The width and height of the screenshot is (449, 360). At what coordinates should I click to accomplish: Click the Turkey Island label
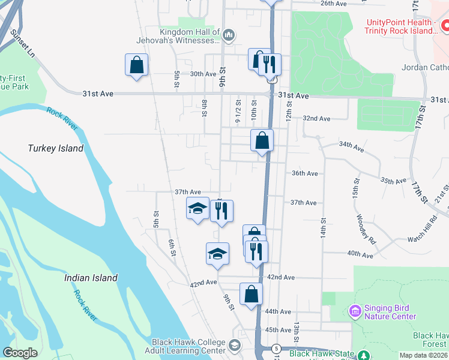click(x=56, y=148)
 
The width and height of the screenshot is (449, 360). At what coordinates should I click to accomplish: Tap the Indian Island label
click(x=91, y=278)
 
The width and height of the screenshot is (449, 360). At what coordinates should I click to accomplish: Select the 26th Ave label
click(x=334, y=4)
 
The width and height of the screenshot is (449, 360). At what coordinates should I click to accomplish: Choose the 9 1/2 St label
click(x=238, y=112)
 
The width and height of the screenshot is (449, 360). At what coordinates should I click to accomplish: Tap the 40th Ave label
click(x=360, y=254)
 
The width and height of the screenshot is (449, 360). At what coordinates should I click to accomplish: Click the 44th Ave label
click(x=279, y=312)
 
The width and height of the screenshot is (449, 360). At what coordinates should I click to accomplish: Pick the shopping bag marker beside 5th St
click(x=137, y=65)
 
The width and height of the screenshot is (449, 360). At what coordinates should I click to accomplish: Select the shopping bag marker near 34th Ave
click(x=262, y=142)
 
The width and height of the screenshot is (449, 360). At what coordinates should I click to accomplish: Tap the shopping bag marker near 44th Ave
click(x=251, y=295)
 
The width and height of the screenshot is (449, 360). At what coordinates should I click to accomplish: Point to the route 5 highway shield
click(x=276, y=349)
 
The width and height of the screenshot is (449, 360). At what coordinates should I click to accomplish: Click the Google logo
click(x=20, y=353)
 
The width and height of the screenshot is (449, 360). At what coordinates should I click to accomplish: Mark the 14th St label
click(x=323, y=229)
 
